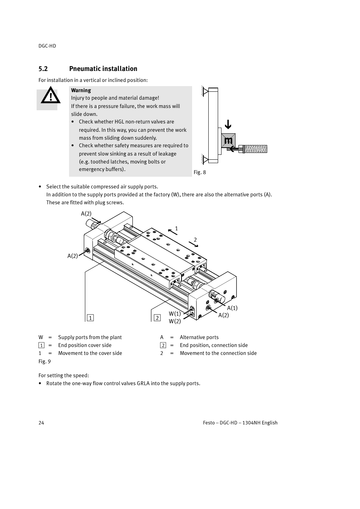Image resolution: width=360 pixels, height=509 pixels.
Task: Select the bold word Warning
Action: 81,90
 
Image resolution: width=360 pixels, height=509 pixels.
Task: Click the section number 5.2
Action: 43,69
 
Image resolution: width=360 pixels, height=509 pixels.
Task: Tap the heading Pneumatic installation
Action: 103,69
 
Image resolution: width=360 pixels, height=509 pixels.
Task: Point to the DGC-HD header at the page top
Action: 47,46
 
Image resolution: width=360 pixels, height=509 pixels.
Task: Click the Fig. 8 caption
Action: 200,172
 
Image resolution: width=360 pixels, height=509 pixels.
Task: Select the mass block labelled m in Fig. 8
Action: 228,140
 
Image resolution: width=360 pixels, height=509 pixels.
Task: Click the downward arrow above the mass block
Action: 228,125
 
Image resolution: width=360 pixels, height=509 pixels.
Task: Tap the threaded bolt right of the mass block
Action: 255,149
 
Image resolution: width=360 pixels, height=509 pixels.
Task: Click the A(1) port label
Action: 232,308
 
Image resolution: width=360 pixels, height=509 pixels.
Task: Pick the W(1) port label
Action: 175,314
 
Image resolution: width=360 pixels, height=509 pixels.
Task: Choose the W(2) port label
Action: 175,321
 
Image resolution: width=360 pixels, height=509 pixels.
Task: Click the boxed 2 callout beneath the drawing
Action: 157,318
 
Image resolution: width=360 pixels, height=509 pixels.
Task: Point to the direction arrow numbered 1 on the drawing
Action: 172,231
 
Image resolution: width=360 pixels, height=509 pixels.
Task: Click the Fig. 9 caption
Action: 45,361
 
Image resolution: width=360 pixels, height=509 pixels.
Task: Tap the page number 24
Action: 41,423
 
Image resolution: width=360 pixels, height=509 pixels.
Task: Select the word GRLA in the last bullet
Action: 143,383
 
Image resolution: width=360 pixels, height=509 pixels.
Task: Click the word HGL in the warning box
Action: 119,122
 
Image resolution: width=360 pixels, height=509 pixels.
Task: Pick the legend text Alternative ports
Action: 199,337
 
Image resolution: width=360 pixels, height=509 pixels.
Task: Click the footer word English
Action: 269,423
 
